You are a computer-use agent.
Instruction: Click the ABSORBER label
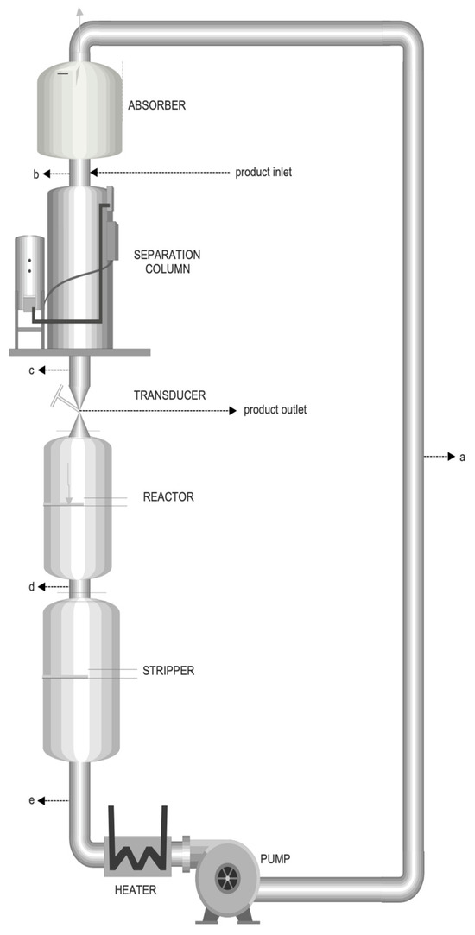pos(157,105)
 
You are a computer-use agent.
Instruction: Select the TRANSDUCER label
pos(170,395)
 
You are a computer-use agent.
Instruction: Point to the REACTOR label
pos(168,496)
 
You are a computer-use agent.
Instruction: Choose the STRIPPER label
pos(168,671)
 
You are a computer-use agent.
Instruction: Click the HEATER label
pos(136,890)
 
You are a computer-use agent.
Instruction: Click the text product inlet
pos(263,173)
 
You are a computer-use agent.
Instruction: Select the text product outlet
pos(275,411)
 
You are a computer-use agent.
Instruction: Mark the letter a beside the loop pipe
pos(462,458)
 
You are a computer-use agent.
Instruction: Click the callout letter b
pos(35,174)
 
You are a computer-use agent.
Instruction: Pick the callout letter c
pos(32,371)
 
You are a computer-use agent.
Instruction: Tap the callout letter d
pos(32,587)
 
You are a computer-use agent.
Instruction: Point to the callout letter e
pos(32,800)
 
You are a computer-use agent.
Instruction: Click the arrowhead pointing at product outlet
pos(233,411)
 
